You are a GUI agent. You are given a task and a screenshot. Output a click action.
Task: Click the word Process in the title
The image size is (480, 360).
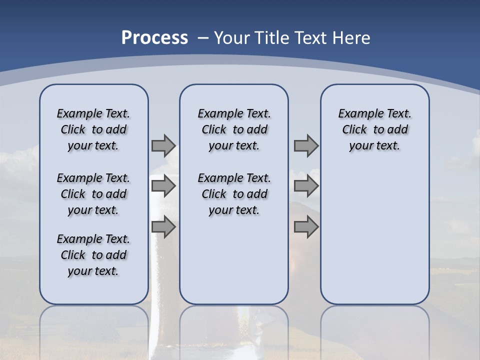[x=154, y=37]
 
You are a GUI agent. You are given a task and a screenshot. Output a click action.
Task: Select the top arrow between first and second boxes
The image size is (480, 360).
[x=163, y=145]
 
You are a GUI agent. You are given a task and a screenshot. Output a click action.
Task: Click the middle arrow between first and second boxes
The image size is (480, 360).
[x=163, y=186]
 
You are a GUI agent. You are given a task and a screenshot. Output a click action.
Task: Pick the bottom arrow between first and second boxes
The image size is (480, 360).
[x=163, y=227]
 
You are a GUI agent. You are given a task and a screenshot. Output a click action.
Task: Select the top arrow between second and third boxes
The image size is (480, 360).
[x=306, y=145]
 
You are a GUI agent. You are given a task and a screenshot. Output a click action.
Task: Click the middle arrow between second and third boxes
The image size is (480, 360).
[x=306, y=186]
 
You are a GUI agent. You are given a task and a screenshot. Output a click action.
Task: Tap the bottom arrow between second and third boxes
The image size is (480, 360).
[x=306, y=227]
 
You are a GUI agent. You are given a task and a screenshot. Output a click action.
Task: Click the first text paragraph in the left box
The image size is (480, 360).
[x=93, y=129]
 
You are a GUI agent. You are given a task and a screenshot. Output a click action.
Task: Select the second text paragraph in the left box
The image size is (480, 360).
[x=93, y=194]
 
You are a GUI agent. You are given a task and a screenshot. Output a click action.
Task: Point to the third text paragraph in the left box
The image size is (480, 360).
[x=93, y=255]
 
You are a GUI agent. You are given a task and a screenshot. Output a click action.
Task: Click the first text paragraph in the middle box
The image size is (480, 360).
[x=234, y=129]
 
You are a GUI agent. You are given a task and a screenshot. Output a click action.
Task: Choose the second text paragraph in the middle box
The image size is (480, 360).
[x=234, y=194]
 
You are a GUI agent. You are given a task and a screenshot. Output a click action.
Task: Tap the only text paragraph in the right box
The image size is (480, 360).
[x=374, y=129]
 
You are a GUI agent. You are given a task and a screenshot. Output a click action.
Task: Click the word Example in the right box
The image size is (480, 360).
[x=356, y=114]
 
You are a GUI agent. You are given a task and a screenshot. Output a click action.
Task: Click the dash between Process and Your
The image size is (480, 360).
[x=203, y=38]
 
